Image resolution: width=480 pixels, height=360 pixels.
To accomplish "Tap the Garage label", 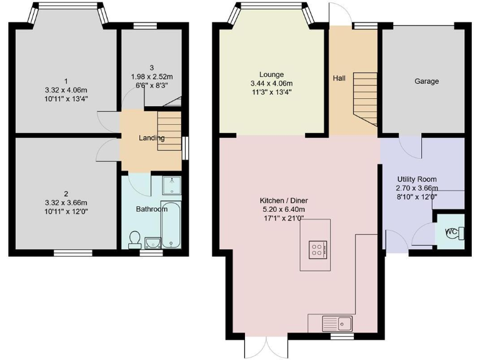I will [426, 81].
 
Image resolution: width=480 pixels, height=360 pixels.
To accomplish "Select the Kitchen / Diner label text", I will [283, 201].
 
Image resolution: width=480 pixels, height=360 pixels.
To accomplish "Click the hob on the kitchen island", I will [318, 250].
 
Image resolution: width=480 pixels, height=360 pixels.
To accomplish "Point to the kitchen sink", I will [337, 323].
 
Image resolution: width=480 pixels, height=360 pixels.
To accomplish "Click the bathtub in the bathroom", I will [171, 225].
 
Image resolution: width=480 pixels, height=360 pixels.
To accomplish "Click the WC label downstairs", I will [451, 232].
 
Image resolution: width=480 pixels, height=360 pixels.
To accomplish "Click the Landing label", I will [152, 138].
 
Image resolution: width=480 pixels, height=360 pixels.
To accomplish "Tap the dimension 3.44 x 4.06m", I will [271, 83].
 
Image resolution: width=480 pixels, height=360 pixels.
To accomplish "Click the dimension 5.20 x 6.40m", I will [283, 209].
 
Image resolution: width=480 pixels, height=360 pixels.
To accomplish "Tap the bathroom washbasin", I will [152, 242].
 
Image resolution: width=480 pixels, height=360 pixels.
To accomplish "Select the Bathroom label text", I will [152, 209].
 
